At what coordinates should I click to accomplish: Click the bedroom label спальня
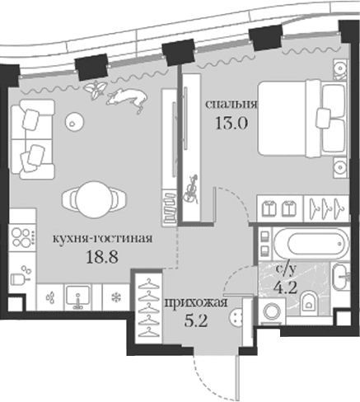point(231,105)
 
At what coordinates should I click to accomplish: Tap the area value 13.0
point(231,123)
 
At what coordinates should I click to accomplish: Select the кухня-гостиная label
point(102,238)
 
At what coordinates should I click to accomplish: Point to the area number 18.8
point(102,257)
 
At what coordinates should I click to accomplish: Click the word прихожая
point(196,303)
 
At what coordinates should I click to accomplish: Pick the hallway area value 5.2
point(195,320)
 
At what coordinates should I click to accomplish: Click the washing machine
point(272,311)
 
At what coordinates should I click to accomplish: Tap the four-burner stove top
point(22,237)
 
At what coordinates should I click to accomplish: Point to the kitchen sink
point(78,297)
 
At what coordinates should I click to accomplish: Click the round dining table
point(94,199)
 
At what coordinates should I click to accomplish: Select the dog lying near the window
point(127,100)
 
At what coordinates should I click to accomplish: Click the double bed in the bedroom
point(302,119)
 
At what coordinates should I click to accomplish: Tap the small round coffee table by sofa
point(74,122)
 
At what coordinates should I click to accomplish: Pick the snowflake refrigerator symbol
point(116,297)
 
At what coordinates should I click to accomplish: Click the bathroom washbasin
point(339,277)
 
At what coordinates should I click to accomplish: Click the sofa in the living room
point(32,139)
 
